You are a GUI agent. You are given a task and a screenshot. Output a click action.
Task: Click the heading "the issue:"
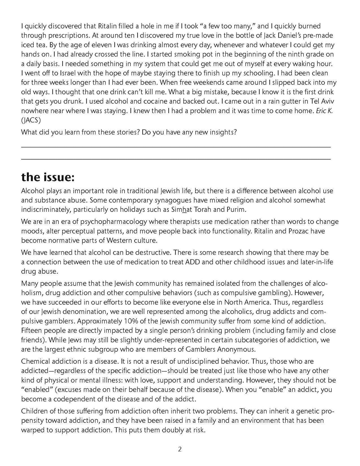pyautogui.click(x=48, y=177)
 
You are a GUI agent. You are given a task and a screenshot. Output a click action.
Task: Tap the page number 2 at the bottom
pyautogui.click(x=180, y=449)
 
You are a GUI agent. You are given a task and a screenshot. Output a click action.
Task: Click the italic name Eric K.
pyautogui.click(x=324, y=111)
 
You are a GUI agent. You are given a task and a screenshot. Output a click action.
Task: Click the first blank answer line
pyautogui.click(x=176, y=147)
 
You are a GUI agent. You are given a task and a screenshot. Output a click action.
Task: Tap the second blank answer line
pyautogui.click(x=176, y=159)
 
